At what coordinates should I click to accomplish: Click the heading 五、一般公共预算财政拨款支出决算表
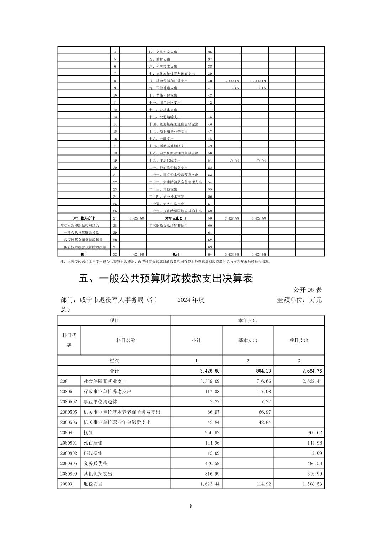click(166, 278)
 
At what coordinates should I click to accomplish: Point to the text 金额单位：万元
click(299, 300)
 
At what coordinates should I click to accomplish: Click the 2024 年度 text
click(191, 300)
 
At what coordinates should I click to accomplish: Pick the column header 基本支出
click(248, 340)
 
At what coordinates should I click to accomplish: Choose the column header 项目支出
click(299, 340)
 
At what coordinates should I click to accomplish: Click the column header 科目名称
click(126, 340)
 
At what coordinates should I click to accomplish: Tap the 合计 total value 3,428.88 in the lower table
click(209, 371)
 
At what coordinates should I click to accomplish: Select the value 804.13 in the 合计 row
click(263, 371)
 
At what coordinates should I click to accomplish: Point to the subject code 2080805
click(69, 463)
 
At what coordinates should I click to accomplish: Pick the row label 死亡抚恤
click(93, 443)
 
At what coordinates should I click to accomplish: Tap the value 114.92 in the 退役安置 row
click(263, 484)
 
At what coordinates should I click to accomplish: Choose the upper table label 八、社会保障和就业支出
click(168, 81)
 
